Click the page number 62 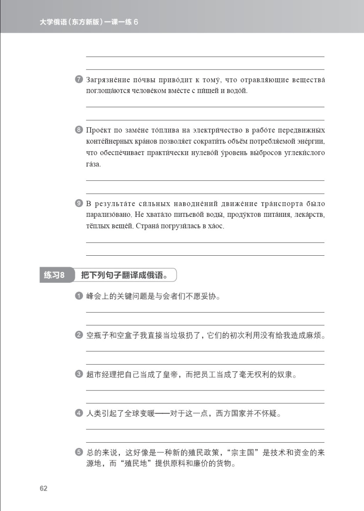(44, 488)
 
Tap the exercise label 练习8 (54, 276)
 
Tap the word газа (94, 165)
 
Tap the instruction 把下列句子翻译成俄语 (124, 276)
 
